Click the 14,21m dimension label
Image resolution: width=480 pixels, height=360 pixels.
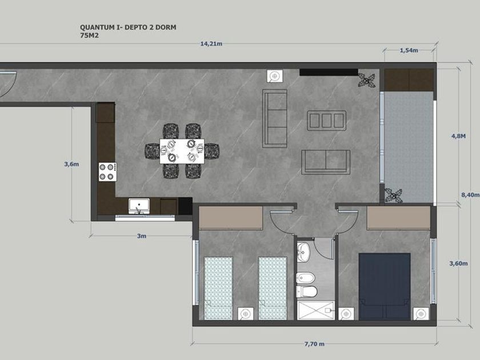[x=211, y=44]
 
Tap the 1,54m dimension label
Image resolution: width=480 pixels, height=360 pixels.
[x=409, y=50]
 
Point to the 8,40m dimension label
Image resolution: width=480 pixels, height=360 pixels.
[x=470, y=195]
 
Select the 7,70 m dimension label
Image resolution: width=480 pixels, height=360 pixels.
[x=314, y=344]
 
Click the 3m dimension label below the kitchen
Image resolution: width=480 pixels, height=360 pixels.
[x=142, y=236]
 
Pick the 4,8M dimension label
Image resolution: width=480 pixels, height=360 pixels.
[x=458, y=136]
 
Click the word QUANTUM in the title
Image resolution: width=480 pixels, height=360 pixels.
[x=97, y=27]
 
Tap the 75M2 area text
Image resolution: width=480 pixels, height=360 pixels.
[x=89, y=35]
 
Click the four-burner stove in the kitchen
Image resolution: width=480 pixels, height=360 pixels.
[x=107, y=172]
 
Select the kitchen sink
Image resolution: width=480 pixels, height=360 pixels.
[x=139, y=206]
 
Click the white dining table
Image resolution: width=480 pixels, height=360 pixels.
[x=182, y=151]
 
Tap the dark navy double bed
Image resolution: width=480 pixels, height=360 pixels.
[x=385, y=286]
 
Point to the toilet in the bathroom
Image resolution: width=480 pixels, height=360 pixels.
[x=306, y=292]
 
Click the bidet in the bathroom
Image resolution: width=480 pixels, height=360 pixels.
[x=306, y=278]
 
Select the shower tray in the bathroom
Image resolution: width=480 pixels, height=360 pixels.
[x=316, y=310]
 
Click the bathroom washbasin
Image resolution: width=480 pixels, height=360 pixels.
[x=303, y=253]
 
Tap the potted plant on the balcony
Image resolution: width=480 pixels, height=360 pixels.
[x=394, y=195]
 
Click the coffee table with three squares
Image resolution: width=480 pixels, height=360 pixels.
[x=327, y=121]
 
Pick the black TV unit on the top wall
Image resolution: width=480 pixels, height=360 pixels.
[x=329, y=72]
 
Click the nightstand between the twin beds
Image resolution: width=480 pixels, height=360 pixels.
[x=246, y=314]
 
